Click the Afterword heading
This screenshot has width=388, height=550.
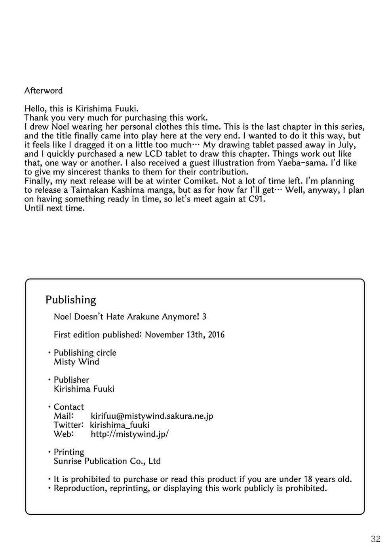[44, 90]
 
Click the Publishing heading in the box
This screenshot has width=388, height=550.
[71, 300]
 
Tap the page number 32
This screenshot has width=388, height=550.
[375, 539]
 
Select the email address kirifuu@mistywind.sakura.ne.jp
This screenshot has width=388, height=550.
[152, 416]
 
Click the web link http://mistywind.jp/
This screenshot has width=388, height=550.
[129, 434]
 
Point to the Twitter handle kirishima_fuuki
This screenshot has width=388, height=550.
[120, 425]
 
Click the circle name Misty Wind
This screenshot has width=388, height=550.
[76, 362]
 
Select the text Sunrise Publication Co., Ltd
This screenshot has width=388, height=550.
[107, 461]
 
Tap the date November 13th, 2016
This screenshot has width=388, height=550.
[184, 335]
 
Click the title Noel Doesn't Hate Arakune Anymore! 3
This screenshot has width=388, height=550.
[130, 316]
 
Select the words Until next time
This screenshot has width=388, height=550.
[55, 208]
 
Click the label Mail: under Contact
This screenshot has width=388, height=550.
[64, 416]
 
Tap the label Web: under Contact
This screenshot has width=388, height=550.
[64, 434]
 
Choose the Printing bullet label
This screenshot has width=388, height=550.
[69, 452]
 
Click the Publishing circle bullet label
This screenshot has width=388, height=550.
[85, 353]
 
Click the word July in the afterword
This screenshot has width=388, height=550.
[346, 145]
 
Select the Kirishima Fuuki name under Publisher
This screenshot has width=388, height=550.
[84, 389]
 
